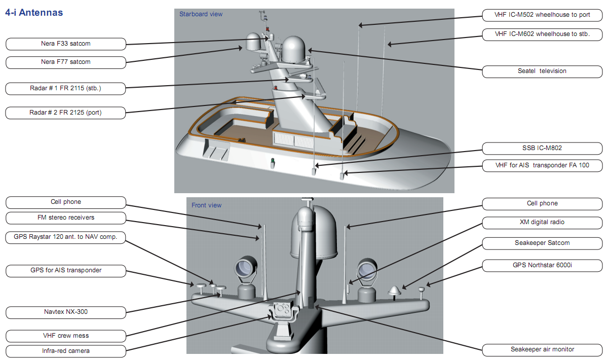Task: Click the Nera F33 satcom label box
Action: pyautogui.click(x=66, y=44)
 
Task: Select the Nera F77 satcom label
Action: pyautogui.click(x=66, y=62)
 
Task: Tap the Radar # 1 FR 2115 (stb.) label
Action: pyautogui.click(x=66, y=89)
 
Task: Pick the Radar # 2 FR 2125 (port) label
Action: pyautogui.click(x=66, y=113)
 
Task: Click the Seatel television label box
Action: pyautogui.click(x=542, y=71)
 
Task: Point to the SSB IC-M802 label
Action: pyautogui.click(x=542, y=149)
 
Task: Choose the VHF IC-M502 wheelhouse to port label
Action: pyautogui.click(x=542, y=15)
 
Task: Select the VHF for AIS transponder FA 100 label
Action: pyautogui.click(x=542, y=165)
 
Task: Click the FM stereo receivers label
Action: pyautogui.click(x=66, y=218)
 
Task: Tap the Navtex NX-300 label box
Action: pyautogui.click(x=66, y=312)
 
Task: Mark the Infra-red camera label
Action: pyautogui.click(x=66, y=351)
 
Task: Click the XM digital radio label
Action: pyautogui.click(x=542, y=223)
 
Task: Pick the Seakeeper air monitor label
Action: pyautogui.click(x=542, y=349)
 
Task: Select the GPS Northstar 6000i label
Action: pyautogui.click(x=542, y=265)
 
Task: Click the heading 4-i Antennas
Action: pyautogui.click(x=34, y=13)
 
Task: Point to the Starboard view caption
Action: pyautogui.click(x=201, y=14)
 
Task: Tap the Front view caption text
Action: pyautogui.click(x=206, y=205)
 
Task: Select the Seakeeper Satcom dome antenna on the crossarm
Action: pyautogui.click(x=394, y=291)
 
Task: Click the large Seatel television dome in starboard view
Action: pyautogui.click(x=295, y=50)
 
